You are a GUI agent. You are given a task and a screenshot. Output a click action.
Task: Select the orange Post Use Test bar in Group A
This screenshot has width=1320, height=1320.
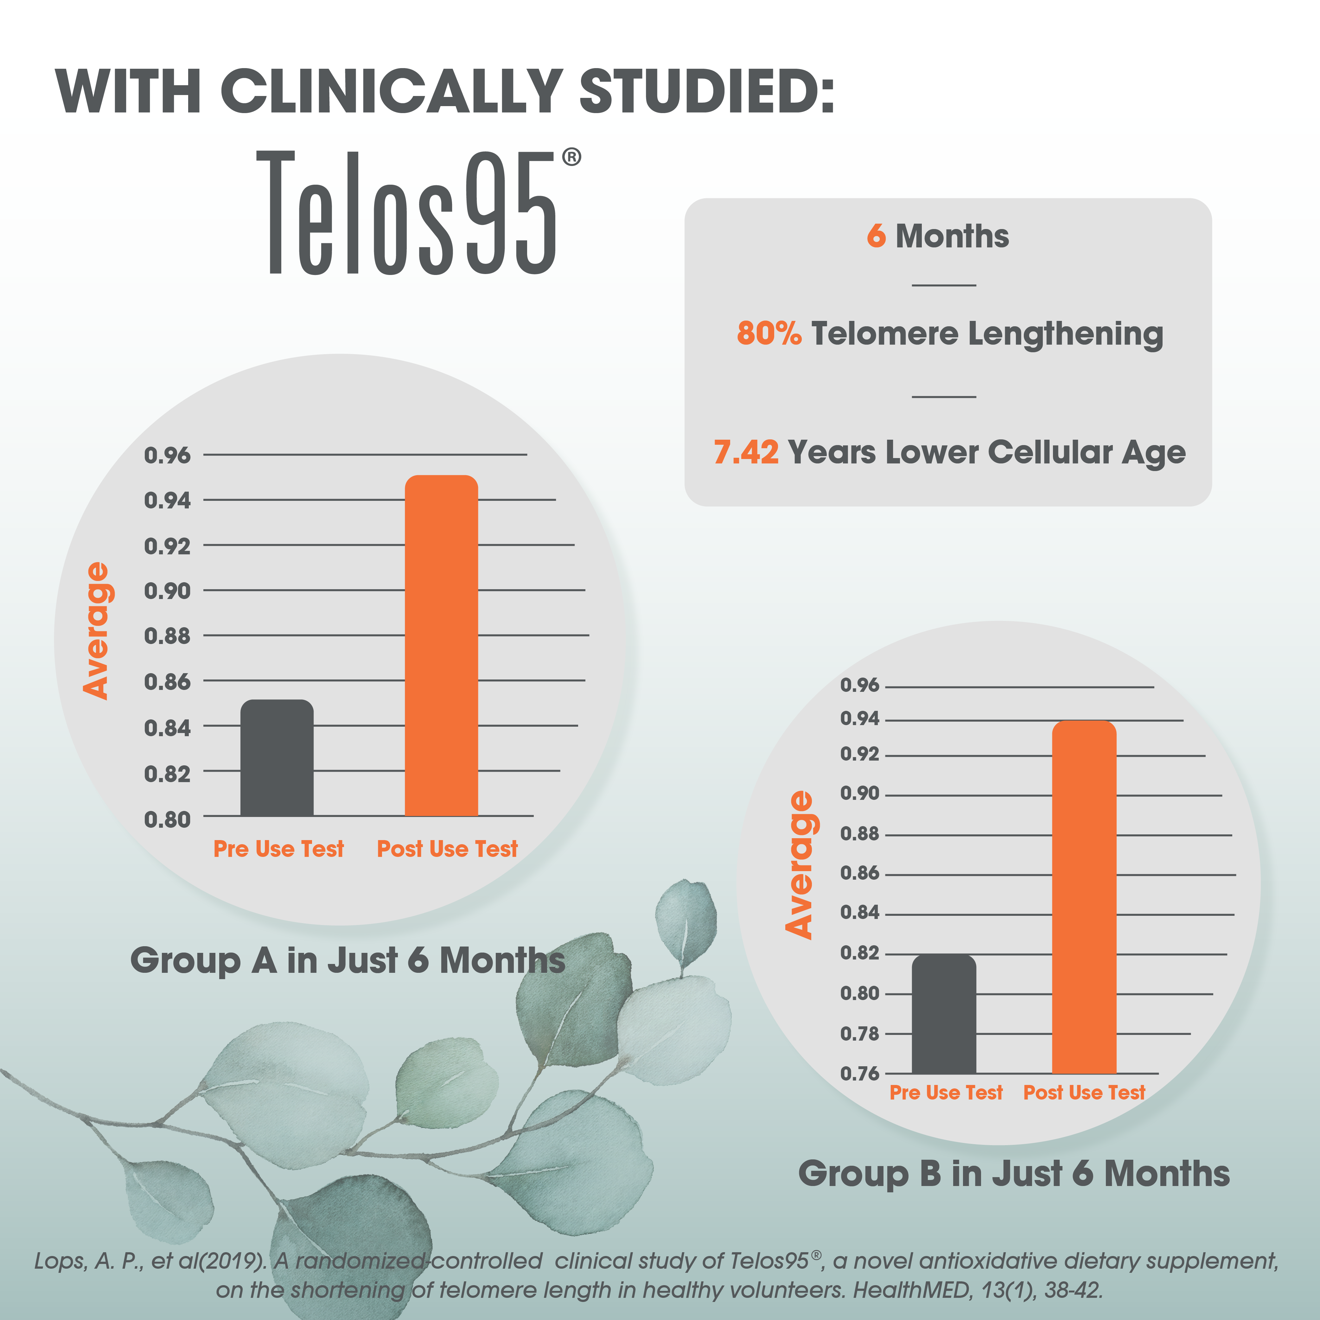coord(441,646)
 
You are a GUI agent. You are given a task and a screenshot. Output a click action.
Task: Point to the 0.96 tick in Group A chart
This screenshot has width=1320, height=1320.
coord(167,455)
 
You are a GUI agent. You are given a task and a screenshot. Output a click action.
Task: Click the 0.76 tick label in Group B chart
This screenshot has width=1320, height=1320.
coord(859,1073)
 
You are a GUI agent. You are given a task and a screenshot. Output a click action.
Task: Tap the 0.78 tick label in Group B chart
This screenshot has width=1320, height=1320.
coord(859,1034)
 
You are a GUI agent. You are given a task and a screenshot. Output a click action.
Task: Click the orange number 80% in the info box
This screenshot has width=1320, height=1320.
coord(768,334)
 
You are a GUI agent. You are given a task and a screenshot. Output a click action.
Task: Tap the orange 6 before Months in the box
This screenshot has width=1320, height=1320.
coord(876,236)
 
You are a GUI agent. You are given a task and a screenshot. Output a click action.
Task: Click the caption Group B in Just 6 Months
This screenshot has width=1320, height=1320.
coord(1014,1174)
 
